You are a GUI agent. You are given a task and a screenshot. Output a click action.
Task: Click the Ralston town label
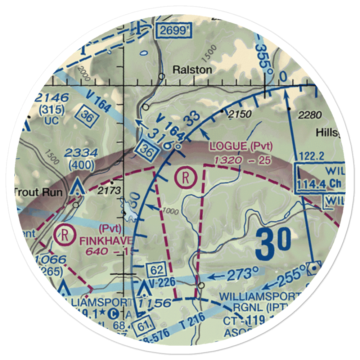click(192, 69)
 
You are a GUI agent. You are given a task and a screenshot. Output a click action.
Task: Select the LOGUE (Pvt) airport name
click(241, 146)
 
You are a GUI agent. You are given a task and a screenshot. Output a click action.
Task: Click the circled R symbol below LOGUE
click(185, 177)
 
